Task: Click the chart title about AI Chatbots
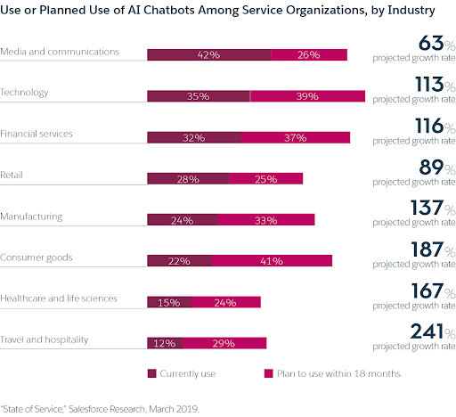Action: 219,12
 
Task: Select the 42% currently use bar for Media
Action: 208,55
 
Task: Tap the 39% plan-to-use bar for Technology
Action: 308,96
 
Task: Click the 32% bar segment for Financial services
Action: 194,137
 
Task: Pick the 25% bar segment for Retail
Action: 265,178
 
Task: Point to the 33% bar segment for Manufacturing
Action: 265,219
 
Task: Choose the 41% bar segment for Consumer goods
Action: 272,260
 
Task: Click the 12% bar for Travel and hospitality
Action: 165,343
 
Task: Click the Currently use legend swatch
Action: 151,372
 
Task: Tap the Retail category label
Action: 12,174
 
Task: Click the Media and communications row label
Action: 60,51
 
